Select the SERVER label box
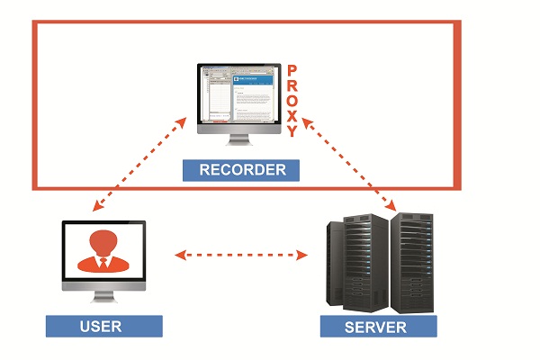[379, 325]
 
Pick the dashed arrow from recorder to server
[351, 162]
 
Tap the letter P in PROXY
[292, 69]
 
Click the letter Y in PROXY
[292, 131]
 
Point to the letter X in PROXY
[292, 115]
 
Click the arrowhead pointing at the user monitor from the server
[178, 256]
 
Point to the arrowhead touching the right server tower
[395, 209]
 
